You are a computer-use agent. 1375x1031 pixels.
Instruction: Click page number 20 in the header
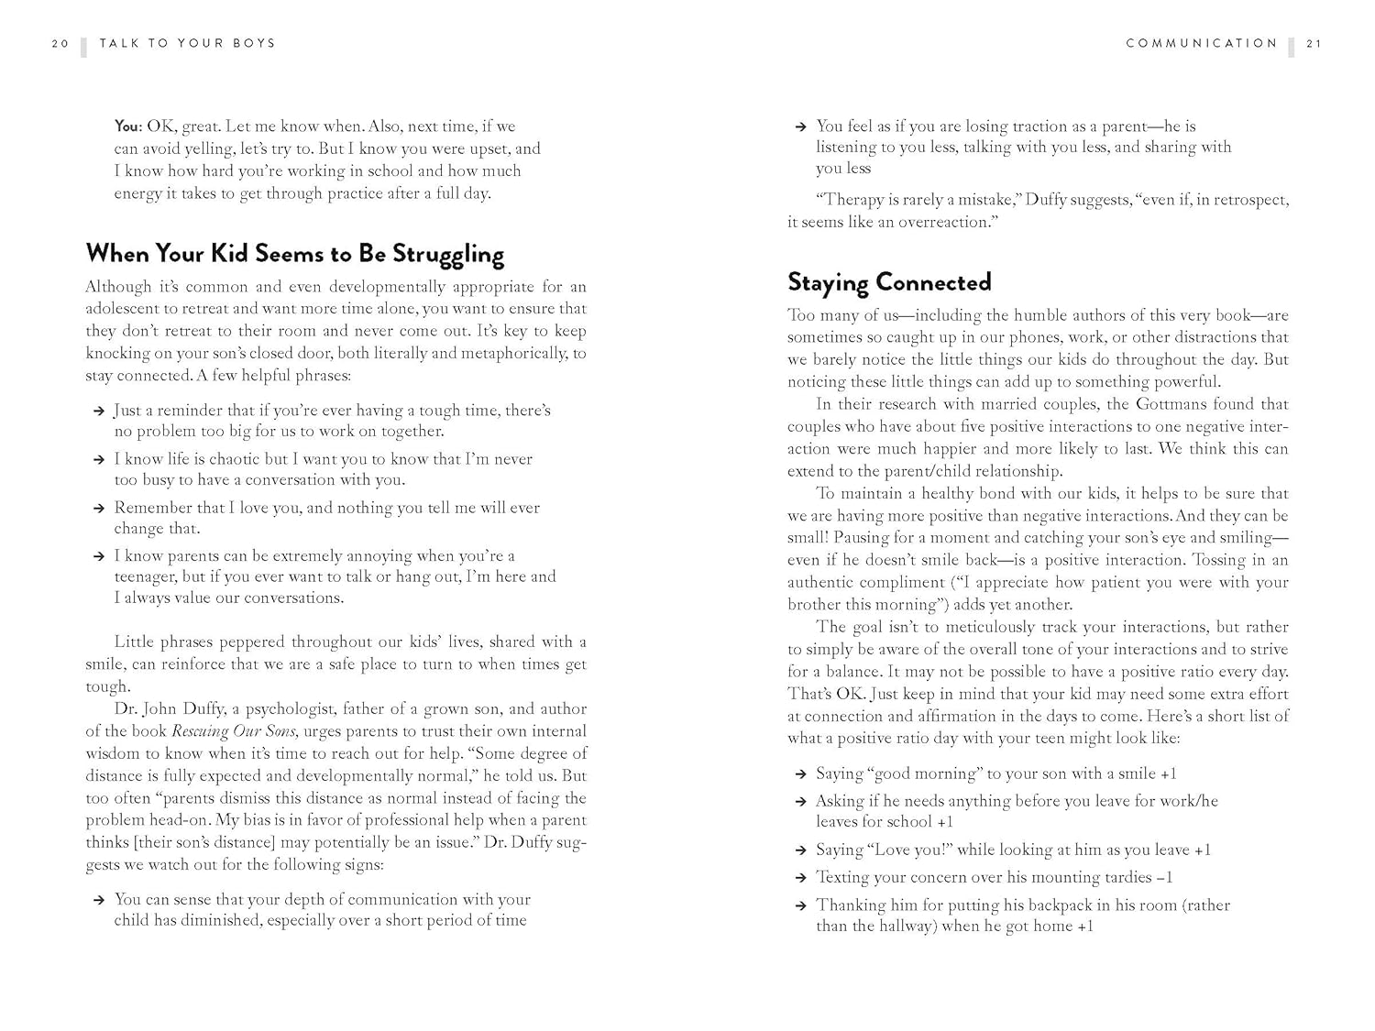coord(60,43)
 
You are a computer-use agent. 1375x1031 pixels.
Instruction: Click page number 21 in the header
coord(1314,43)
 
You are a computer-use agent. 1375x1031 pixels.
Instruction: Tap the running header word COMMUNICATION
coord(1201,43)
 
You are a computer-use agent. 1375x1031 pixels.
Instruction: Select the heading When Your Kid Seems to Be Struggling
coord(294,254)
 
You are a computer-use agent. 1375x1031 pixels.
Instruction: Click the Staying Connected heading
coord(889,281)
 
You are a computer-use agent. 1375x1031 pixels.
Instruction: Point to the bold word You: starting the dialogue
coord(128,126)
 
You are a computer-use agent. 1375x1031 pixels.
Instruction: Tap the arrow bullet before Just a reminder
coord(99,411)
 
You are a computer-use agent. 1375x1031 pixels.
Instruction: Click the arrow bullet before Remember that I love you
coord(99,509)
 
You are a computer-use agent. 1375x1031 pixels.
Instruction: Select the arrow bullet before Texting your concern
coord(800,878)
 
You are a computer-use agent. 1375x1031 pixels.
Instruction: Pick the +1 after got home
coord(1085,927)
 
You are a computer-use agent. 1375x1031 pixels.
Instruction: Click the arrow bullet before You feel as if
coord(800,127)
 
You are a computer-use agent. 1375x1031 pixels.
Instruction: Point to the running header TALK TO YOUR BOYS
coord(187,43)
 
